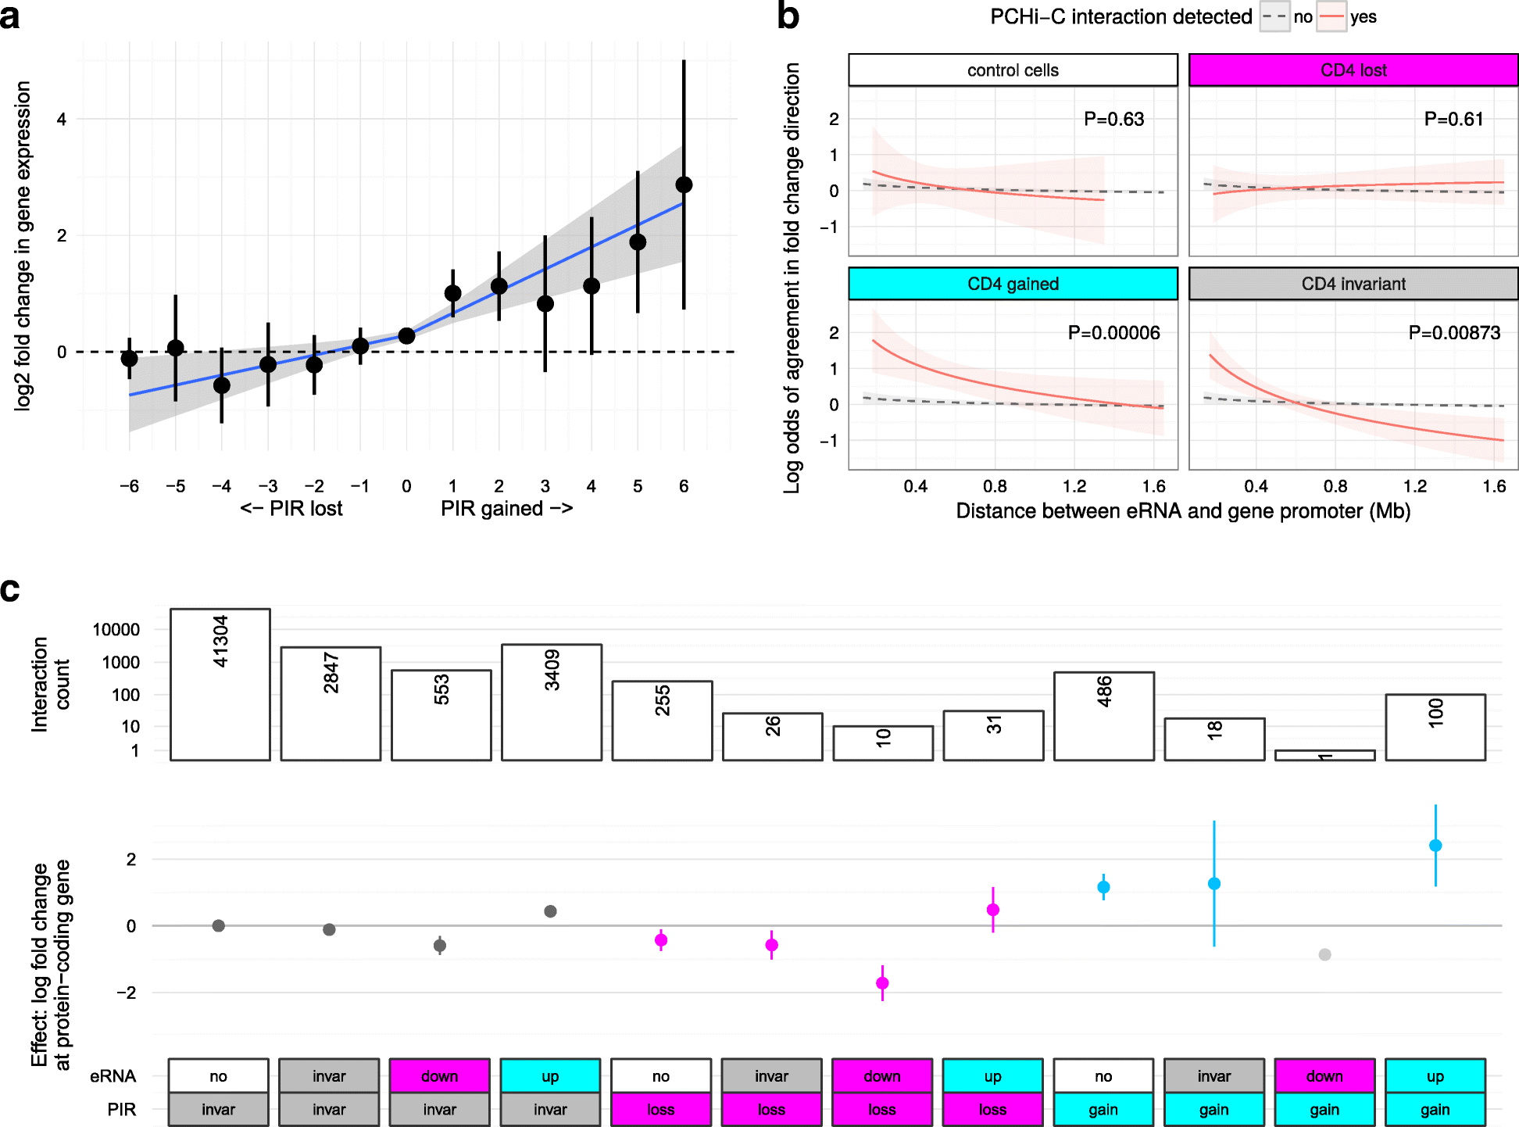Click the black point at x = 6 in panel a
point(684,185)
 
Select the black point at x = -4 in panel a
point(222,385)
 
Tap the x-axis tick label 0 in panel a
point(406,486)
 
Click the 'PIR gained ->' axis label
point(506,509)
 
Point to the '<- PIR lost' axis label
point(291,509)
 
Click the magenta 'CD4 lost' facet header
point(1353,70)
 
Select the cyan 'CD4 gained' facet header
point(1013,284)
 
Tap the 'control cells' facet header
point(1013,70)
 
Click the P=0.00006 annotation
point(1113,333)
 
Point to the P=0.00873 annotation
point(1453,333)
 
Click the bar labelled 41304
point(220,684)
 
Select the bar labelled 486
point(1103,715)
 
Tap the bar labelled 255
point(662,720)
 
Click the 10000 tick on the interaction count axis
point(116,630)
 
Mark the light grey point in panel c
point(1324,954)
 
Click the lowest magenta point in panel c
point(882,983)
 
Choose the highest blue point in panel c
point(1435,846)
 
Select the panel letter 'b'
point(788,17)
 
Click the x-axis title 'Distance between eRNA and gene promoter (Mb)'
point(1183,511)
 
